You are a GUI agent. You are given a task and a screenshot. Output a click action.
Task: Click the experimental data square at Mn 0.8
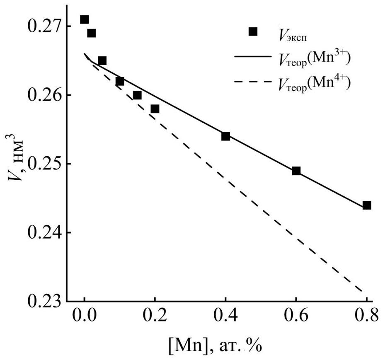point(367,205)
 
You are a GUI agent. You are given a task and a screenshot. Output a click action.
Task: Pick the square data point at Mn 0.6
point(296,171)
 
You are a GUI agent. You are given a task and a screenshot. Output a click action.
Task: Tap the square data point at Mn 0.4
point(225,136)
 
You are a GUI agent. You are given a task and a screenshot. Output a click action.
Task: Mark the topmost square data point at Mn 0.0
point(85,19)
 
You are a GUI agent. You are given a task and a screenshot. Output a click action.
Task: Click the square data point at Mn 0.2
point(155,109)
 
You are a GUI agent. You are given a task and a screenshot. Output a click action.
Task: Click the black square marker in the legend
point(252,31)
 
